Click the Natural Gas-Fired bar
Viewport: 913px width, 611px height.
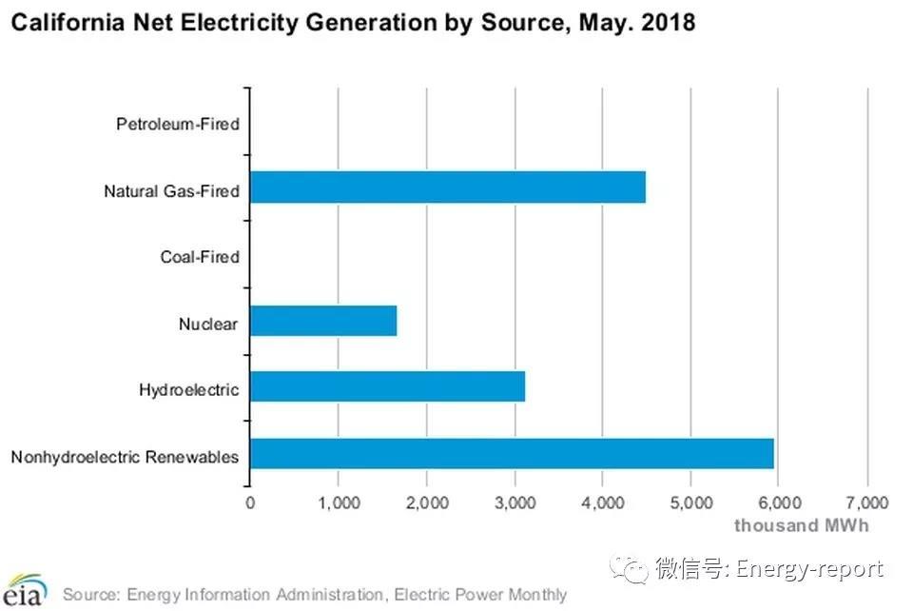pos(448,187)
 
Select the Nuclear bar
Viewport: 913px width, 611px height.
pos(323,321)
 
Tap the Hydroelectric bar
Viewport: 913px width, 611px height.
pos(387,387)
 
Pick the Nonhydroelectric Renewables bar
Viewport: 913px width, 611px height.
pos(512,454)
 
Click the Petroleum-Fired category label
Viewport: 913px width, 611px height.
pos(177,124)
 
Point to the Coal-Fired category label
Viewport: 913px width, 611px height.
pos(199,257)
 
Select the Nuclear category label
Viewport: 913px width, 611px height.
pos(207,324)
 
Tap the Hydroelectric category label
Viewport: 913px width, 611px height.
pos(188,390)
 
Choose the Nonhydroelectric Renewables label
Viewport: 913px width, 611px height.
pos(125,457)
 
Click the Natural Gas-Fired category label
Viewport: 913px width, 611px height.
pos(171,190)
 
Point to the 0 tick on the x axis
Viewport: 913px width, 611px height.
pos(250,503)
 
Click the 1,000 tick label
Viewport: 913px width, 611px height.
pos(338,503)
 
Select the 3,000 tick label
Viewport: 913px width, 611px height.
pos(515,503)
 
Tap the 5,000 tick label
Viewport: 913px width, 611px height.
pos(690,503)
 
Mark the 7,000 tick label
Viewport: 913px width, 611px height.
pos(866,503)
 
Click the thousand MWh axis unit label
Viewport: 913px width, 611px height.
pos(801,524)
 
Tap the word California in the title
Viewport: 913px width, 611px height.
pos(58,21)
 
